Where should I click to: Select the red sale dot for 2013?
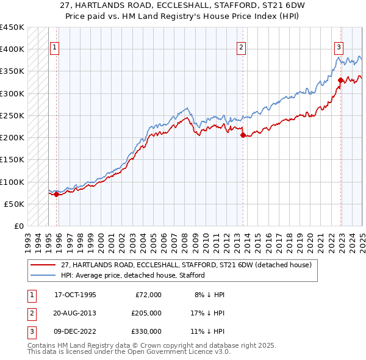tap(243, 135)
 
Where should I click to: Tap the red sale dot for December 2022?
tap(340, 80)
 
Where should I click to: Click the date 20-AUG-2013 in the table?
tap(75, 313)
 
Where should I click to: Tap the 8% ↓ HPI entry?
tap(209, 295)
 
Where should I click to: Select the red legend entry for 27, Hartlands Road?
tap(186, 265)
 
